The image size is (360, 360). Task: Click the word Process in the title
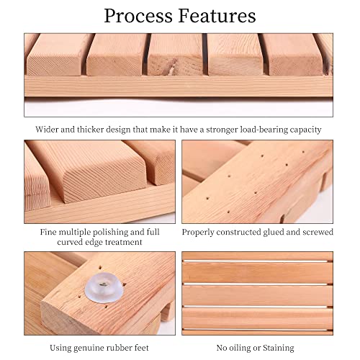140,16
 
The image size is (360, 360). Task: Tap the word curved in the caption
70,243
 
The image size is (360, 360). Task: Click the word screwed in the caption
314,233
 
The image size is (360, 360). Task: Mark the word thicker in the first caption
97,130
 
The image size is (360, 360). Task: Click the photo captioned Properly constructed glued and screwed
257,181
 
